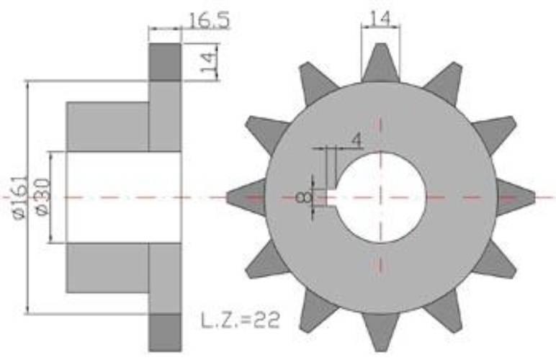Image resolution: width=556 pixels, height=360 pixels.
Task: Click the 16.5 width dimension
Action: coord(209,20)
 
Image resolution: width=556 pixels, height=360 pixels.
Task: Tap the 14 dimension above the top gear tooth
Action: coord(380,19)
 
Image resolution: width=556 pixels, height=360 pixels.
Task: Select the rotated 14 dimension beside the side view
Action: coord(209,63)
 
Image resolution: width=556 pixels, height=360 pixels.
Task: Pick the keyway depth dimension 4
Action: coord(357,140)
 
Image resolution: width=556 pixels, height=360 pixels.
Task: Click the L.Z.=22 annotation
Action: coord(241,320)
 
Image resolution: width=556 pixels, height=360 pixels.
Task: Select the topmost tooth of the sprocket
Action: coord(380,63)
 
